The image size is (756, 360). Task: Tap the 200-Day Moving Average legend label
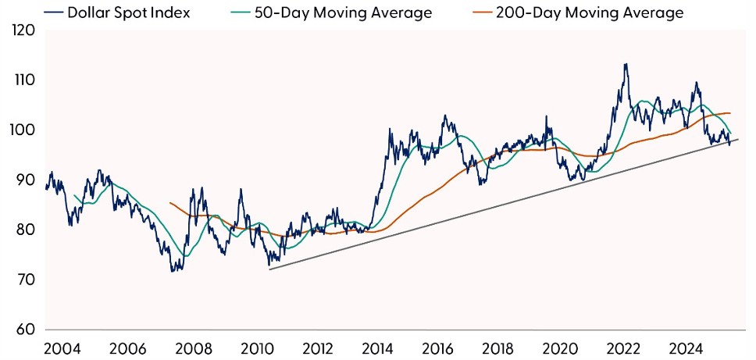(x=589, y=12)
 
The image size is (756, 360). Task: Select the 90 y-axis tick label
(x=24, y=180)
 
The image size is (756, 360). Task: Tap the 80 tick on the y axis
(x=24, y=230)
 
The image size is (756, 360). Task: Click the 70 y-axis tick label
(x=24, y=280)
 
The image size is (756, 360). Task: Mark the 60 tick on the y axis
(x=24, y=330)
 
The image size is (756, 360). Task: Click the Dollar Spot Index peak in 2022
(x=625, y=64)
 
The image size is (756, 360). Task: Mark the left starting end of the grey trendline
(x=269, y=269)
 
